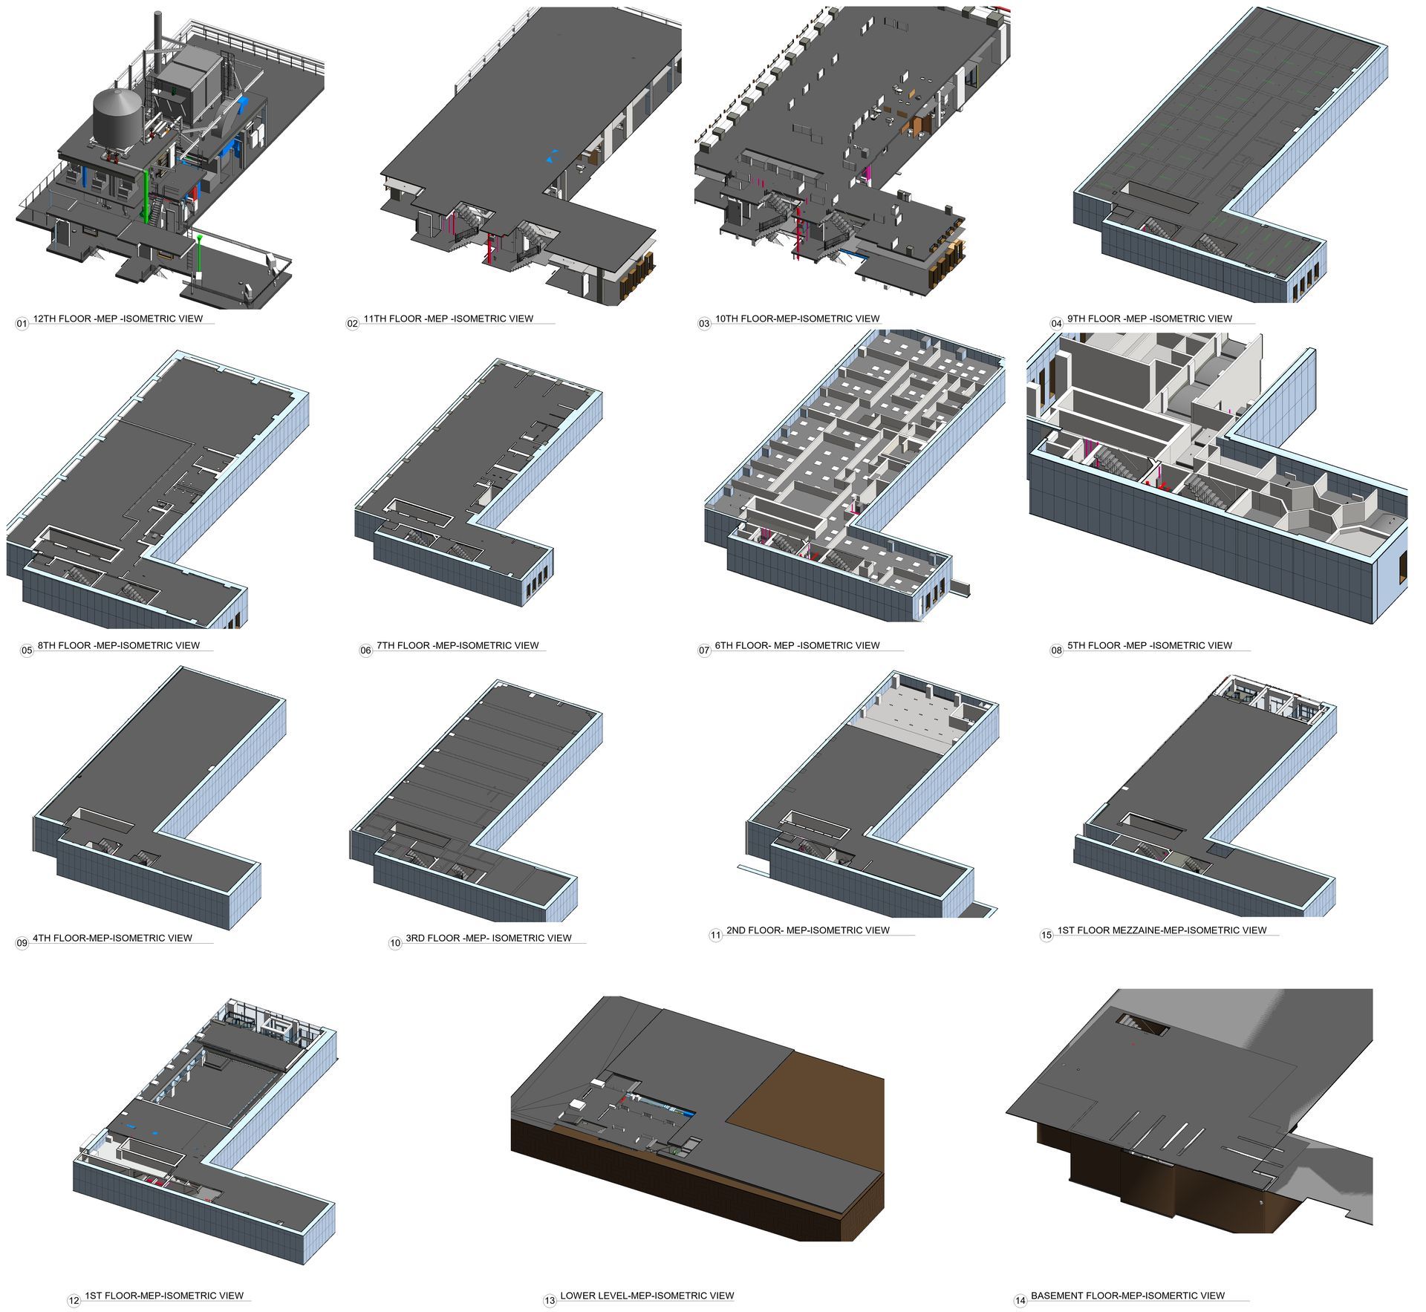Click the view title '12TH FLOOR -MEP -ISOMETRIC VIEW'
118,319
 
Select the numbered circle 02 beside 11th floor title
353,324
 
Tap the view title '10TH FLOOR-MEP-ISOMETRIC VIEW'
797,319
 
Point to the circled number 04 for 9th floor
1057,324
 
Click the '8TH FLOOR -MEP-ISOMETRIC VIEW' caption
119,645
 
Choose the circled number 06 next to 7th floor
366,650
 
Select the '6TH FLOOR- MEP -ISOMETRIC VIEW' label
797,645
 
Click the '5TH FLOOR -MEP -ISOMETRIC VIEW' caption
1150,645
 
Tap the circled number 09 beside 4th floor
22,943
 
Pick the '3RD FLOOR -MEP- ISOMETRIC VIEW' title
489,938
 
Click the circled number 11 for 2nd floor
715,936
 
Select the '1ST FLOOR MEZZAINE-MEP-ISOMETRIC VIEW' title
1162,930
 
